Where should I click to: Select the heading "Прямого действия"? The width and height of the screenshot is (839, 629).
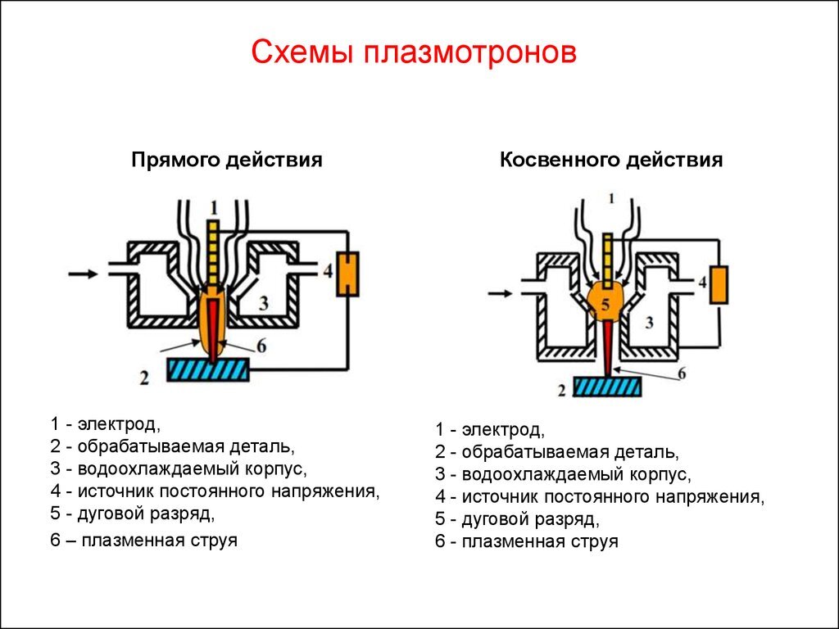(227, 160)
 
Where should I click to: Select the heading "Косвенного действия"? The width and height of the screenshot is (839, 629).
(611, 160)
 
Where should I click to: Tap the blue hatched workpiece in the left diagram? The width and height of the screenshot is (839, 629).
(208, 369)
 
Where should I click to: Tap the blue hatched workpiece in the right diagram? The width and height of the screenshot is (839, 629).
(607, 387)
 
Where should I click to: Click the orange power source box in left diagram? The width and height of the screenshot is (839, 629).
(347, 274)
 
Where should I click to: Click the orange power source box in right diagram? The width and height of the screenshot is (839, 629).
(719, 285)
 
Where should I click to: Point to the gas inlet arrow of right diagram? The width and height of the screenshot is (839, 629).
(501, 293)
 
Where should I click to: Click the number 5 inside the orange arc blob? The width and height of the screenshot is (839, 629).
(605, 305)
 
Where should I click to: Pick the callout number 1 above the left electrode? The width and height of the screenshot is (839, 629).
(214, 207)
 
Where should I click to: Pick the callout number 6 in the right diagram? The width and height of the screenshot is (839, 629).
(682, 373)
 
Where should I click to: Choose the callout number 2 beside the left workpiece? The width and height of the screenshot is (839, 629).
(144, 378)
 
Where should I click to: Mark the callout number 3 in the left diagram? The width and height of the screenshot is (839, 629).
(264, 303)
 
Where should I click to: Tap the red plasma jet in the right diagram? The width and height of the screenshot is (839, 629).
(609, 347)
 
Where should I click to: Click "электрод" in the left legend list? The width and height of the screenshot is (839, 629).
(119, 424)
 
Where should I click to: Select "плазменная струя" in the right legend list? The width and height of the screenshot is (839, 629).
(539, 541)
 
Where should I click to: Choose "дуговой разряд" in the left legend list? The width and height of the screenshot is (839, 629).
(146, 514)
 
